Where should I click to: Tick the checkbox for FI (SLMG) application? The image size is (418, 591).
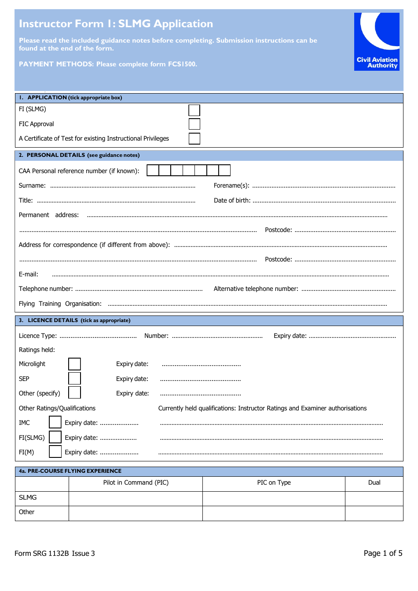pyautogui.click(x=194, y=110)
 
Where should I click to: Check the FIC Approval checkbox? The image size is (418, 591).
pyautogui.click(x=194, y=124)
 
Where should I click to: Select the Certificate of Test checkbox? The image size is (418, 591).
pyautogui.click(x=194, y=139)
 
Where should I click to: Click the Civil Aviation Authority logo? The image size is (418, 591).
pyautogui.click(x=377, y=42)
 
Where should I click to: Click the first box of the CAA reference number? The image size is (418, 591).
pyautogui.click(x=153, y=170)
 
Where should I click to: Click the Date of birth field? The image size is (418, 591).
pyautogui.click(x=324, y=201)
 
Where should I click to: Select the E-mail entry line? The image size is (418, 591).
pyautogui.click(x=220, y=275)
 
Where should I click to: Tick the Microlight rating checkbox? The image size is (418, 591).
pyautogui.click(x=74, y=364)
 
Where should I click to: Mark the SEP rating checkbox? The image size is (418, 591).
pyautogui.click(x=74, y=378)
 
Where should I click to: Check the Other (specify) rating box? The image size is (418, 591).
pyautogui.click(x=74, y=392)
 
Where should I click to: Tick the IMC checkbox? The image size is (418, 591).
pyautogui.click(x=55, y=422)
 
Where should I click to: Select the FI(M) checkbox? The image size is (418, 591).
pyautogui.click(x=55, y=452)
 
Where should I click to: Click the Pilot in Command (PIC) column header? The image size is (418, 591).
pyautogui.click(x=136, y=483)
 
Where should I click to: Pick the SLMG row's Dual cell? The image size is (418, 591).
pyautogui.click(x=374, y=498)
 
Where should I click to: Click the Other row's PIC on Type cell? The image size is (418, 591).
pyautogui.click(x=274, y=513)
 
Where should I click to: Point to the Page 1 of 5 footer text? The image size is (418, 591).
pyautogui.click(x=383, y=553)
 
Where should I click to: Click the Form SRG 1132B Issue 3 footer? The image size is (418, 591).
pyautogui.click(x=55, y=554)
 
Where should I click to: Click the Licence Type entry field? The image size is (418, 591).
pyautogui.click(x=98, y=336)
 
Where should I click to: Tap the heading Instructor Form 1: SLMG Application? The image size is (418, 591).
pyautogui.click(x=116, y=24)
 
